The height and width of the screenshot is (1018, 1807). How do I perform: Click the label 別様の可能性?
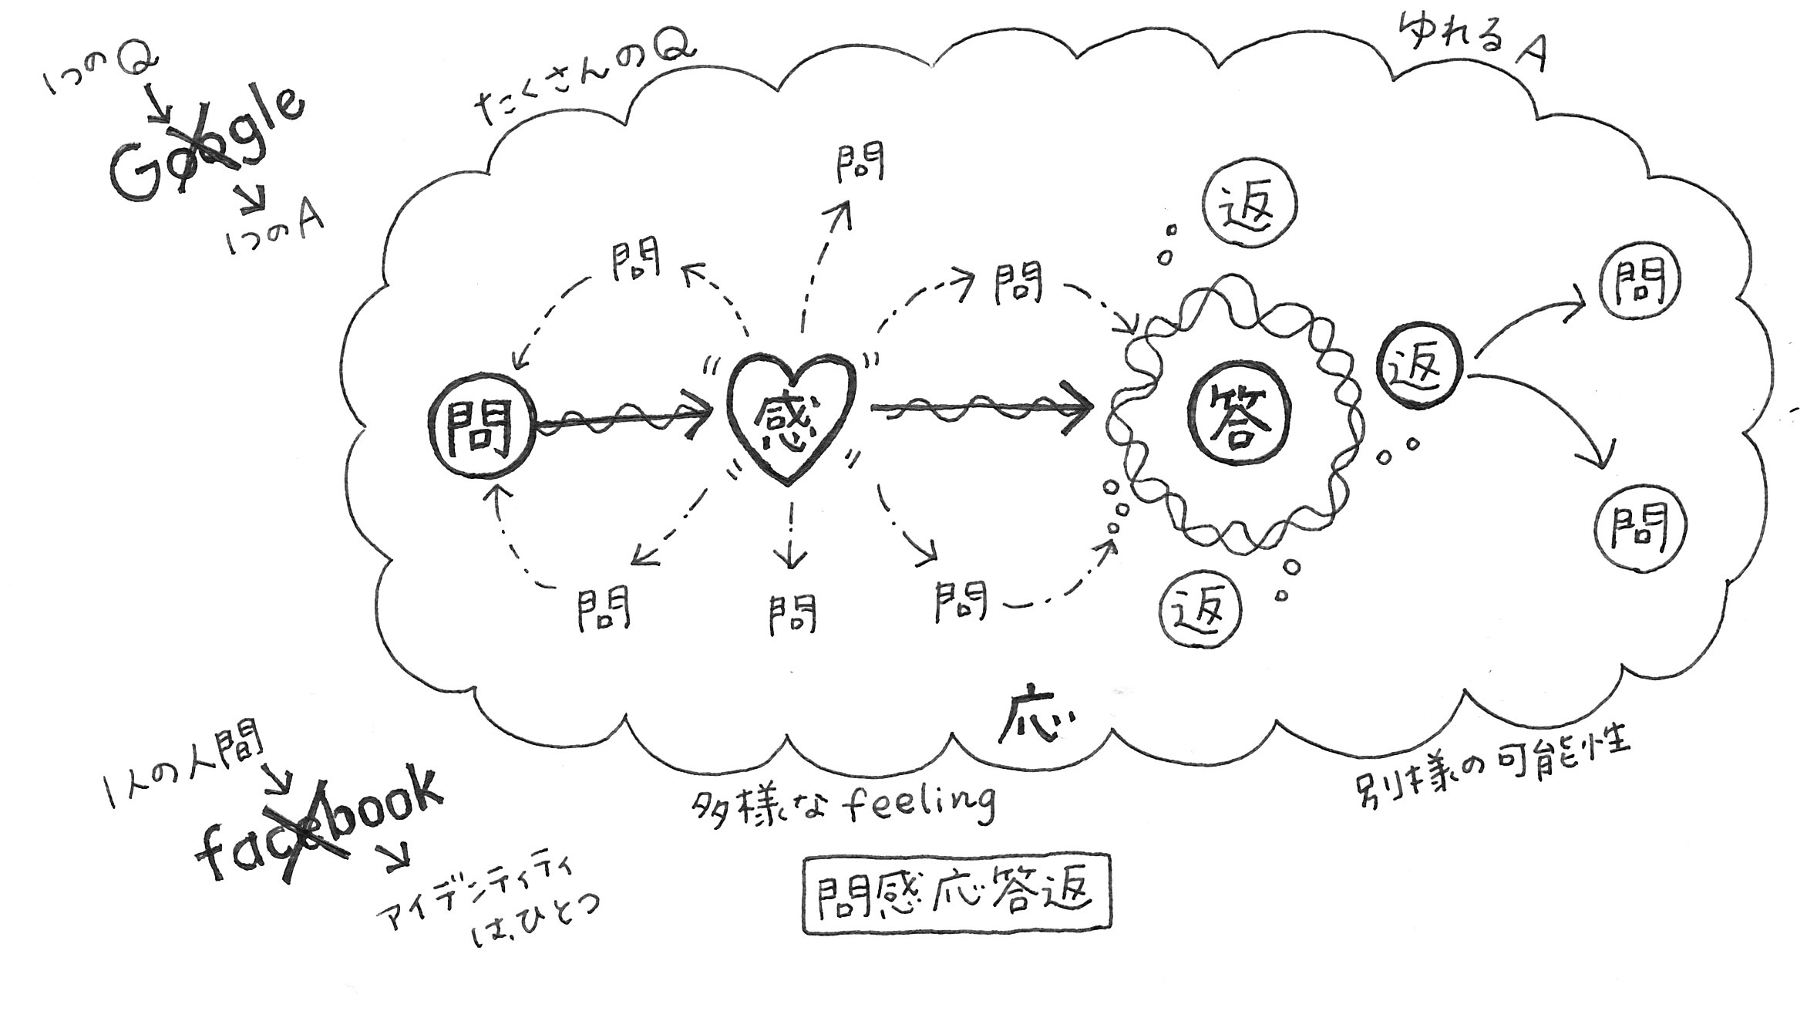pyautogui.click(x=1491, y=763)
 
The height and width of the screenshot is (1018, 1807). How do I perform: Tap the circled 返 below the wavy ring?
pyautogui.click(x=1201, y=611)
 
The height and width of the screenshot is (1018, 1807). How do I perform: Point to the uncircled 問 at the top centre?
pyautogui.click(x=860, y=162)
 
